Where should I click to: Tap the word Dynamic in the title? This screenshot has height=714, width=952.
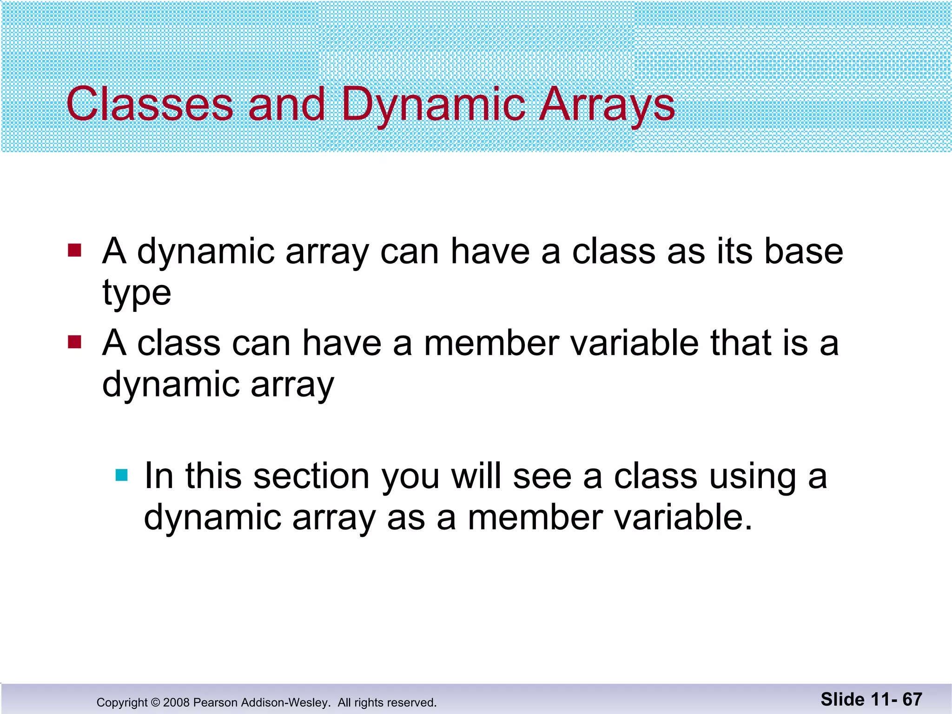[433, 105]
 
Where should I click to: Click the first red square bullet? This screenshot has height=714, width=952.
[74, 251]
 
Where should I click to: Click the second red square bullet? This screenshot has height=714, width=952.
[74, 343]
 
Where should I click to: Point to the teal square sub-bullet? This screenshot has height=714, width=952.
[121, 475]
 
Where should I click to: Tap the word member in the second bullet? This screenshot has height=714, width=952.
[492, 343]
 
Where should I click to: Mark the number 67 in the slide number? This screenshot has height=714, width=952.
[912, 699]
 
